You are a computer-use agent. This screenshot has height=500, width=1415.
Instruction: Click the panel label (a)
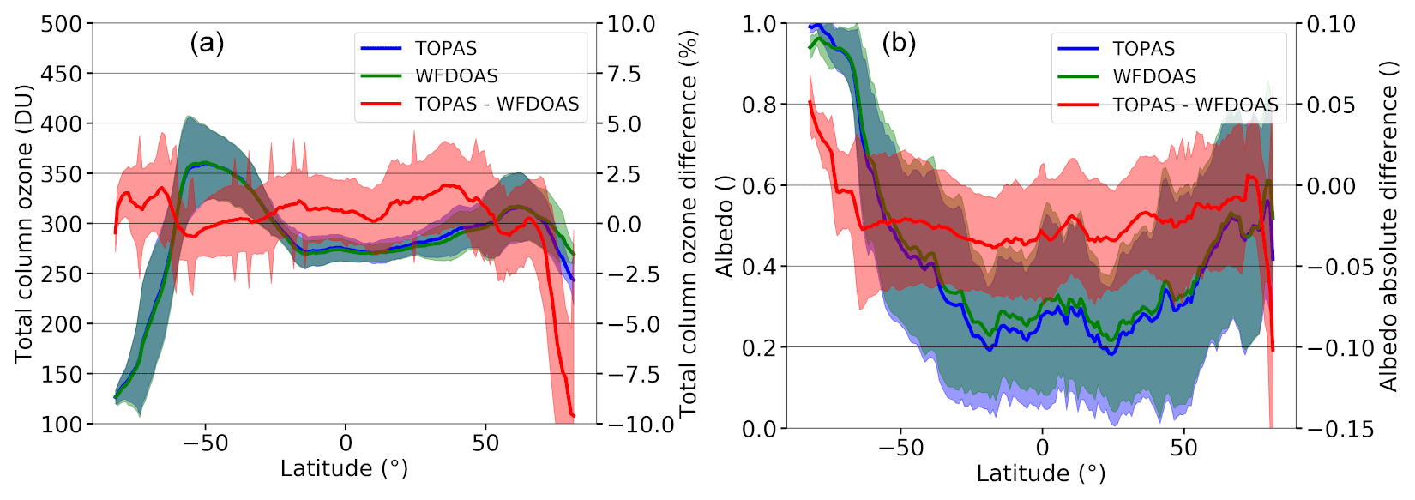(207, 43)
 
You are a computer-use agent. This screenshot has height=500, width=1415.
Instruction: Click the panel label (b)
(899, 43)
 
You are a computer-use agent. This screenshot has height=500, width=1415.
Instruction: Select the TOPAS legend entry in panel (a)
(446, 49)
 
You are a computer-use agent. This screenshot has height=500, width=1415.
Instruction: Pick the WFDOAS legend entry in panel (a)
(456, 76)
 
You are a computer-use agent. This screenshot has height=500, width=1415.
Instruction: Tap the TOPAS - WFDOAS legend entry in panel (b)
(1195, 105)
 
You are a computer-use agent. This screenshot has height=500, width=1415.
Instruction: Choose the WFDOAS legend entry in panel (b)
(1154, 77)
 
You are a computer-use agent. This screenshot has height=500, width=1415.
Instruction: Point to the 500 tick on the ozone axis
(62, 24)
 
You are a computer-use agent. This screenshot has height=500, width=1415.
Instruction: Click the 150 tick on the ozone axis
(62, 374)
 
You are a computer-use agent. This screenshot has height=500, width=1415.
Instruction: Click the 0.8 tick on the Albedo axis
(759, 105)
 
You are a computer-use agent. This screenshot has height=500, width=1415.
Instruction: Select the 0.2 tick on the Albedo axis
(759, 347)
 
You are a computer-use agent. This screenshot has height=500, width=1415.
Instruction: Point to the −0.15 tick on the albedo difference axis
(1340, 429)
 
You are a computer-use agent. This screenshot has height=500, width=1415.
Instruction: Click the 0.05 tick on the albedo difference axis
(1331, 105)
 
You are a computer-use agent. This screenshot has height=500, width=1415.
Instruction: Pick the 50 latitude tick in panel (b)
(1183, 448)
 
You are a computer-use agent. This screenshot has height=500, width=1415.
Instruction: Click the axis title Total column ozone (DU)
(23, 223)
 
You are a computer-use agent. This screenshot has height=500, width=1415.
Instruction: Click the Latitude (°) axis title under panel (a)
(344, 468)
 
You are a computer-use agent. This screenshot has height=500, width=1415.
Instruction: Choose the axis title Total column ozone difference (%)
(688, 223)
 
